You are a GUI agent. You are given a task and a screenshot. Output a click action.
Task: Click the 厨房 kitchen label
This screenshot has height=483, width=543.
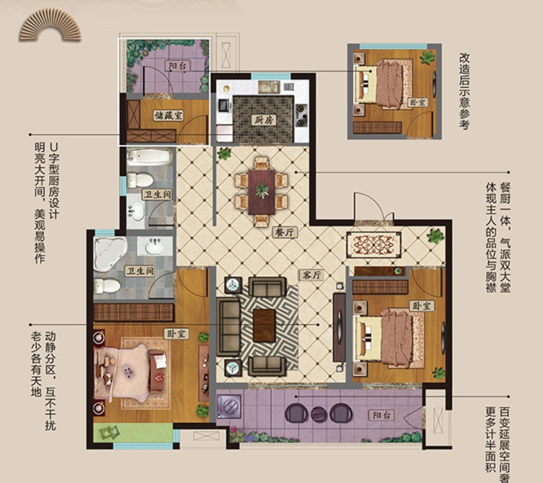tap(263, 120)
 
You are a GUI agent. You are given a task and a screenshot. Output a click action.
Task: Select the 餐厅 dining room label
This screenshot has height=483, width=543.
tap(285, 232)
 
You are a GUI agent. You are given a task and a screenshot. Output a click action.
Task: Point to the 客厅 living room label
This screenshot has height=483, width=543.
tap(312, 275)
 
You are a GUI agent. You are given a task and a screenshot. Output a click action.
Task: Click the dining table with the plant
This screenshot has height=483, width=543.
tap(261, 191)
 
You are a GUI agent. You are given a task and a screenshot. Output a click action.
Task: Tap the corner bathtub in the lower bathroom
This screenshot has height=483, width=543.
tap(110, 253)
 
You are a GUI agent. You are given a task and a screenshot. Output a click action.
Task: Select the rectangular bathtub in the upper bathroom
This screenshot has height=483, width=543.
tap(149, 157)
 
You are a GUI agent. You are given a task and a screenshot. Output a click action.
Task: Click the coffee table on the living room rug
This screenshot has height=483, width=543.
tap(264, 325)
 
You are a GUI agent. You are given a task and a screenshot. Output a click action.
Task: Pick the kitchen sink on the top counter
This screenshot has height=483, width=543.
tap(269, 87)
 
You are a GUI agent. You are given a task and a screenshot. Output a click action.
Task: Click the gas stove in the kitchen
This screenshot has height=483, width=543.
tap(301, 115)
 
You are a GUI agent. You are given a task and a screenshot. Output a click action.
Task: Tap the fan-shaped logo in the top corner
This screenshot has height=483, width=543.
tap(50, 25)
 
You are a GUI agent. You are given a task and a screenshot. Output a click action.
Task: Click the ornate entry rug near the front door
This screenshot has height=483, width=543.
tap(374, 245)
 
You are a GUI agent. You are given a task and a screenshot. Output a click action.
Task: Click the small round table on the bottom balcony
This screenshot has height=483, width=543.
tap(319, 414)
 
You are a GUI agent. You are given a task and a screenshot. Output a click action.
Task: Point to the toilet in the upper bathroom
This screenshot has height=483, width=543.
tap(140, 181)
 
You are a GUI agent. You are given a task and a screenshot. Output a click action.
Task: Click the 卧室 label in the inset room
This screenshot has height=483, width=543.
tap(418, 103)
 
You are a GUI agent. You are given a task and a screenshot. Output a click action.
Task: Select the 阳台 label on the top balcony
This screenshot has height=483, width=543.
tap(177, 66)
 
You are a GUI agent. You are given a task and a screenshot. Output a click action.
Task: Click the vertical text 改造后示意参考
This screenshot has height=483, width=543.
tap(465, 91)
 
